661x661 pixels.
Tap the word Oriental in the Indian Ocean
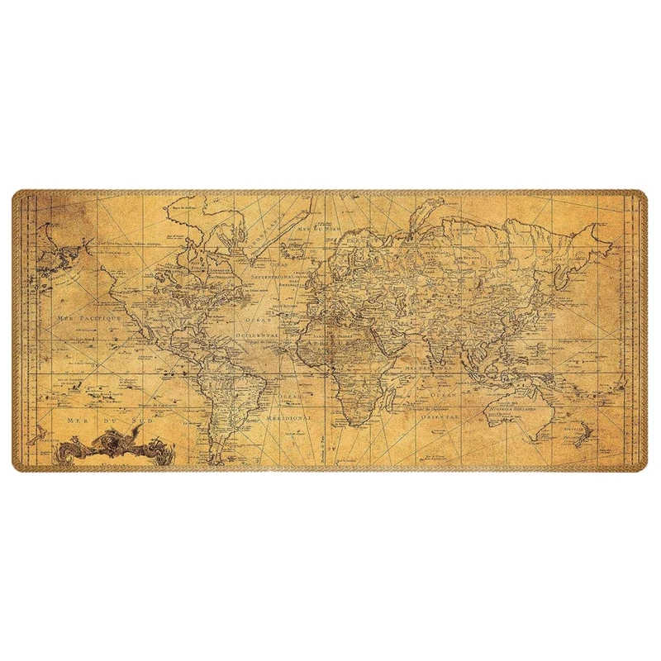pos(440,418)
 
